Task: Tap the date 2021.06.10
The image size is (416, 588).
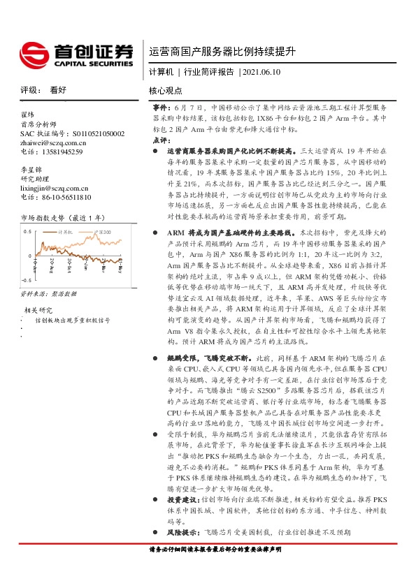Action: coord(262,72)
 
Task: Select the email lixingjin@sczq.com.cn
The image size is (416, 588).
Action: coord(55,188)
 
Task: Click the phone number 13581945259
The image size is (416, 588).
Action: coord(62,152)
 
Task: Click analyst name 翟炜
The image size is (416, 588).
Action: coord(27,114)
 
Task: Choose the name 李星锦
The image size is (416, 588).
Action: coord(31,169)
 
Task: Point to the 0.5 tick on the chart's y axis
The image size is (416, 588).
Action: coord(28,230)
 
